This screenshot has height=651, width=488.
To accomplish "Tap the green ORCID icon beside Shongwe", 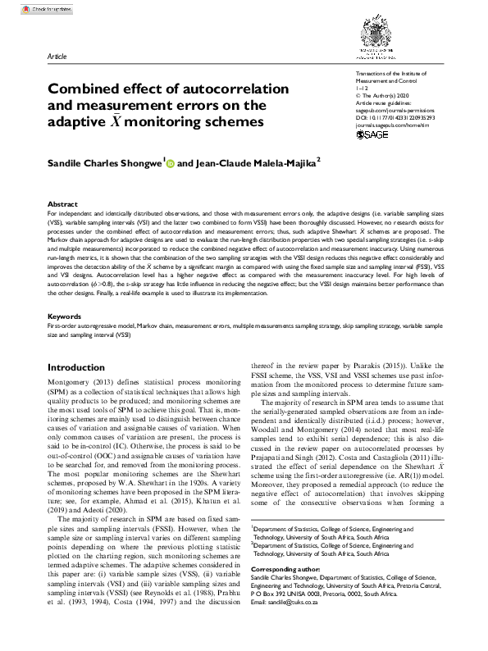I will (171, 164).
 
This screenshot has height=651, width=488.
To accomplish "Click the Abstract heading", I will (62, 203).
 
